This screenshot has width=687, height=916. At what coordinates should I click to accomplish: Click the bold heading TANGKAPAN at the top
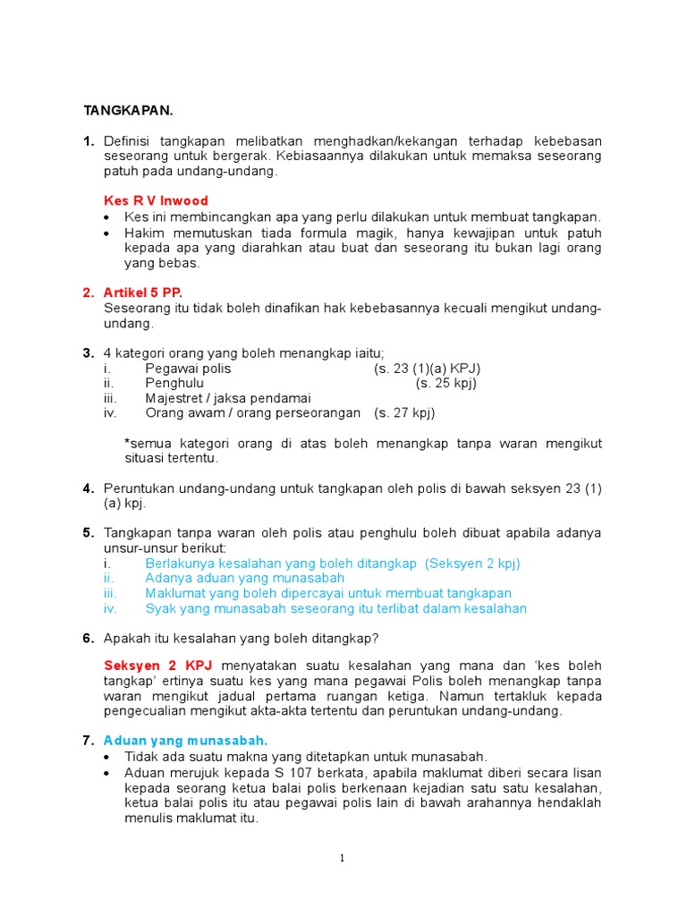pos(128,110)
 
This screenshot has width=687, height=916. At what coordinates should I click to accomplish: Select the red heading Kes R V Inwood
pos(157,200)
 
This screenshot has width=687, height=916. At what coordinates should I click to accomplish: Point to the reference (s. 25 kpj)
pos(446,383)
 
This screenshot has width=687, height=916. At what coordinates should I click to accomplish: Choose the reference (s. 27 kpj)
pos(404,413)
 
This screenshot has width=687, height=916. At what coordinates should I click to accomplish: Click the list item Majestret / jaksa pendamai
pos(228,398)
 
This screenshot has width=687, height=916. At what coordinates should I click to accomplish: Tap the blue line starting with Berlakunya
pos(332,563)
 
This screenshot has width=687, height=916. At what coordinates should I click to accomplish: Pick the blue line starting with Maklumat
pos(328,593)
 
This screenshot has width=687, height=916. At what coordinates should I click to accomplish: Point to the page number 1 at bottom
pos(343,859)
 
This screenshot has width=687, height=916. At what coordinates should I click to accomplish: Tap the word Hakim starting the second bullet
pos(143,233)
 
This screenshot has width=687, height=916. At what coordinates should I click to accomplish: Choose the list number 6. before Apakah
pos(88,638)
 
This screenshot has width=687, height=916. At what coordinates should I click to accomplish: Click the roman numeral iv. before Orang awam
pos(110,413)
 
